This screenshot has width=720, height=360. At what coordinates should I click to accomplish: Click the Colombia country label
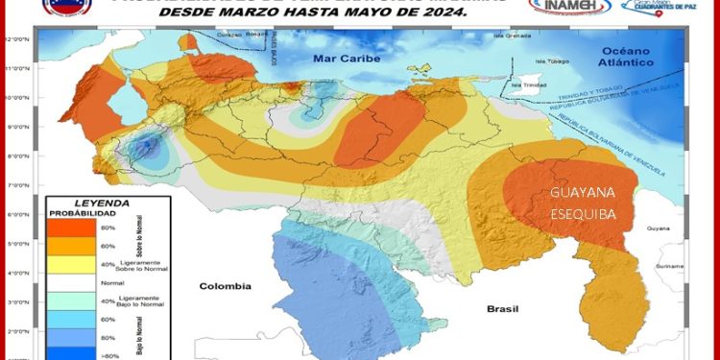pos(225,286)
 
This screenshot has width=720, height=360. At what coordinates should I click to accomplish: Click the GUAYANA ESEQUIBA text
pos(584,204)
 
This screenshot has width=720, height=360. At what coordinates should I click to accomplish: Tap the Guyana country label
pos(658,228)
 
